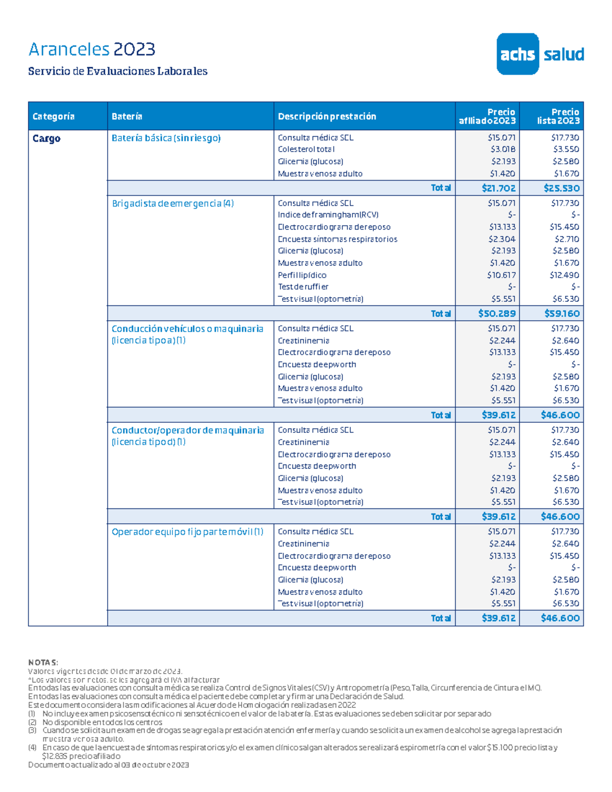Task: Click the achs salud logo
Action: point(540,54)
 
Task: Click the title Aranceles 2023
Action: point(92,49)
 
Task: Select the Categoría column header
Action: point(54,116)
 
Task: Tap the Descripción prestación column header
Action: point(327,116)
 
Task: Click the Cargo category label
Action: point(46,139)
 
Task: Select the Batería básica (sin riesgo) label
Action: point(166,138)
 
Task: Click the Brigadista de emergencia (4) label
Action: point(172,203)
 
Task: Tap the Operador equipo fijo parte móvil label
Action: point(187,532)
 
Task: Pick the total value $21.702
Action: point(498,188)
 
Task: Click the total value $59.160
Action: point(562,314)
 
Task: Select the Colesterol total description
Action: point(306,149)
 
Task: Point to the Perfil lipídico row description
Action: point(302,275)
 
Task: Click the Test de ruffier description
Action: point(303,287)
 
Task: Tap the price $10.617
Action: point(501,275)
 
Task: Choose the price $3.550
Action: point(566,149)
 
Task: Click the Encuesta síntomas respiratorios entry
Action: point(337,239)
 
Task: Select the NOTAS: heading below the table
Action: point(43,662)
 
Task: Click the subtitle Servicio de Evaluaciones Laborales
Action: point(118,71)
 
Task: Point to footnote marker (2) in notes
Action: point(32,722)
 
